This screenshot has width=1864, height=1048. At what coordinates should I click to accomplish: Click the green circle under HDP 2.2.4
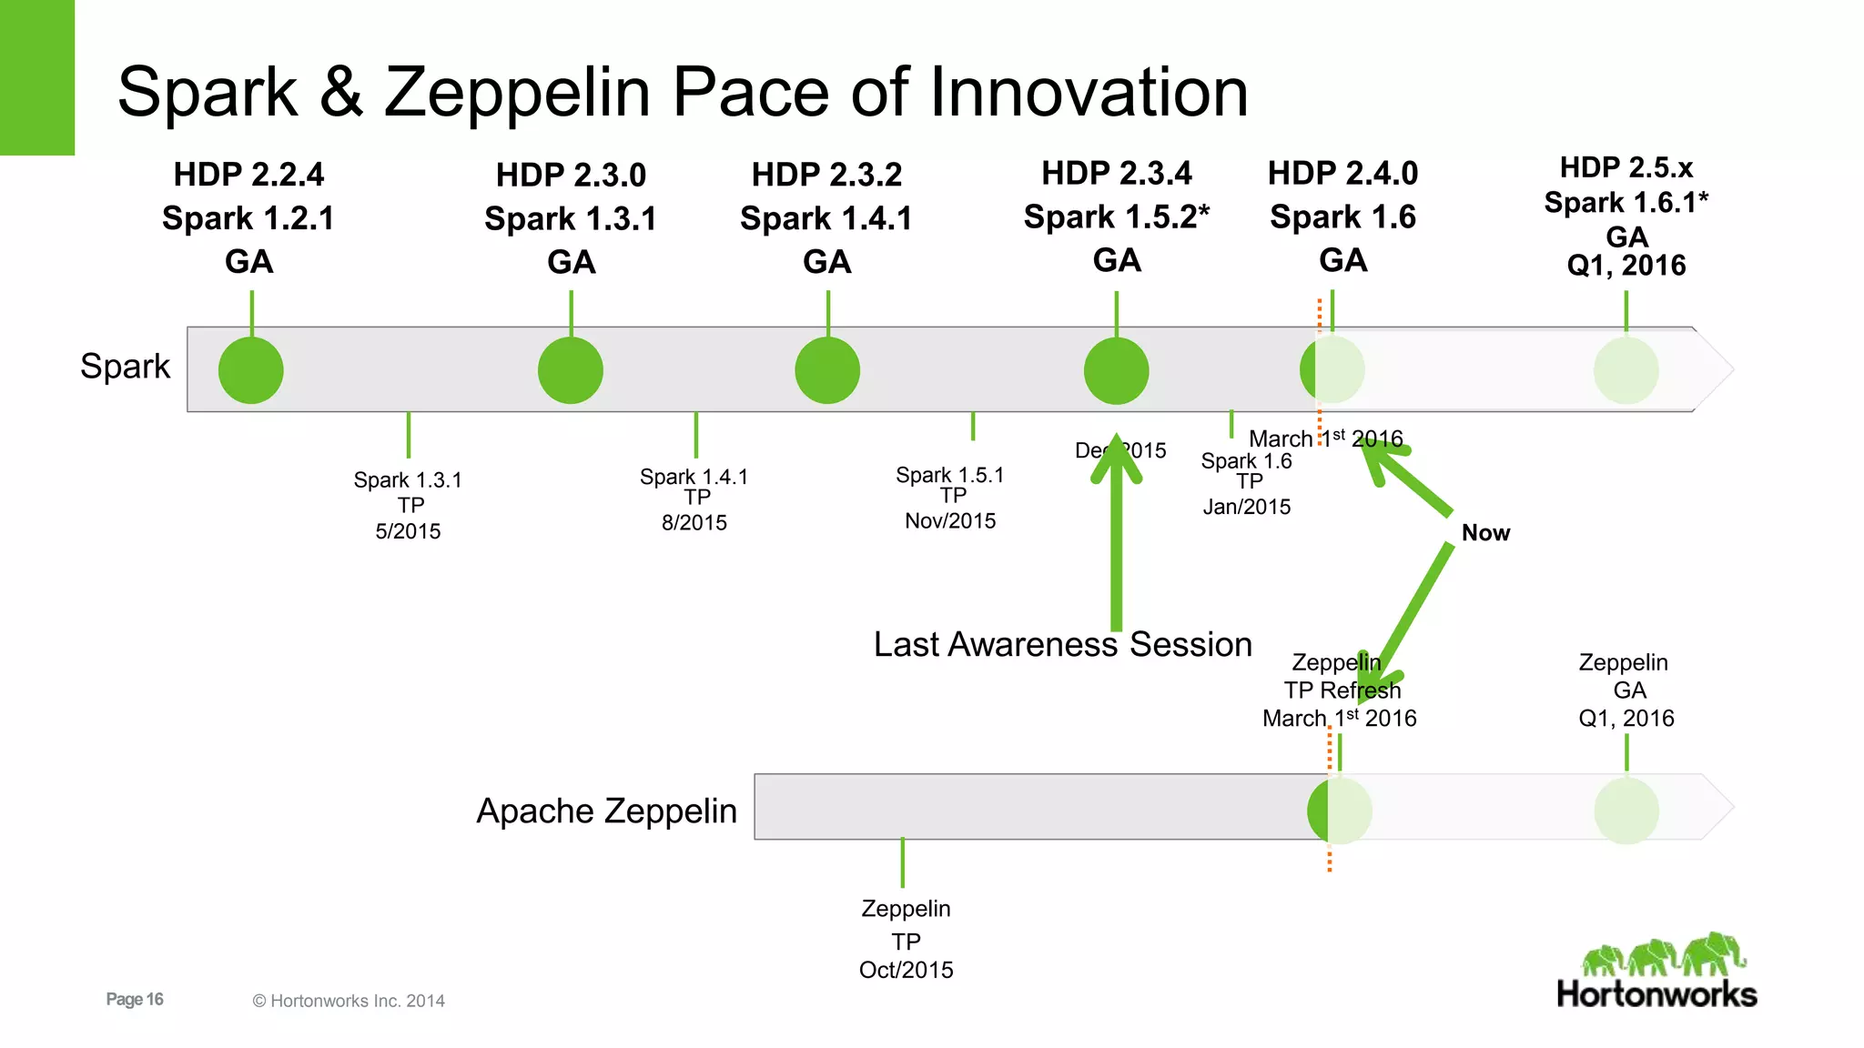pyautogui.click(x=251, y=370)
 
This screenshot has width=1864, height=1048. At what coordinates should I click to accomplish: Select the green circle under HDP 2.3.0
pyautogui.click(x=571, y=370)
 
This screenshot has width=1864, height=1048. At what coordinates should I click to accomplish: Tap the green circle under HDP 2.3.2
pyautogui.click(x=827, y=370)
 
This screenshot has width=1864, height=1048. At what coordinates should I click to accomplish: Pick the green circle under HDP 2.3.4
pyautogui.click(x=1116, y=370)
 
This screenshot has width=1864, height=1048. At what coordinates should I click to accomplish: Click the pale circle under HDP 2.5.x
pyautogui.click(x=1626, y=370)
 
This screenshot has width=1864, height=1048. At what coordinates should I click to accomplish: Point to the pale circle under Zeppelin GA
pyautogui.click(x=1626, y=811)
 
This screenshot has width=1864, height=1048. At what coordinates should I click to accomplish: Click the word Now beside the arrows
pyautogui.click(x=1485, y=533)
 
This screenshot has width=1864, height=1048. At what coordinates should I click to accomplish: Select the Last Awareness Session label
pyautogui.click(x=1062, y=645)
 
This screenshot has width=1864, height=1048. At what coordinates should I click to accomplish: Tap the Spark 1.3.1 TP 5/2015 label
pyautogui.click(x=409, y=505)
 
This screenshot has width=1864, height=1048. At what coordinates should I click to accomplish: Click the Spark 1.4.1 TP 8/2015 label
pyautogui.click(x=694, y=499)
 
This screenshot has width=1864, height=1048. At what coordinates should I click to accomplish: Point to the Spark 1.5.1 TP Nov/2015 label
pyautogui.click(x=950, y=498)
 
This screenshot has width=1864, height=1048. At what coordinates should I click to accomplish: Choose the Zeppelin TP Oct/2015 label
pyautogui.click(x=907, y=939)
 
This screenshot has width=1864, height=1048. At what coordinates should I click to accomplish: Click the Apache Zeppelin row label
pyautogui.click(x=606, y=811)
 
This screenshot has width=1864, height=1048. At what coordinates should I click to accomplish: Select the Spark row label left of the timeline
pyautogui.click(x=125, y=367)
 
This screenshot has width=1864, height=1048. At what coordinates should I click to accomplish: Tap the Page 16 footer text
pyautogui.click(x=135, y=1000)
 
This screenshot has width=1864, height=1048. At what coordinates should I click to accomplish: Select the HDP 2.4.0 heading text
pyautogui.click(x=1342, y=174)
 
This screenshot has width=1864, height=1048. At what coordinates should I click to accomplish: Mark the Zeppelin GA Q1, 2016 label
pyautogui.click(x=1626, y=690)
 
